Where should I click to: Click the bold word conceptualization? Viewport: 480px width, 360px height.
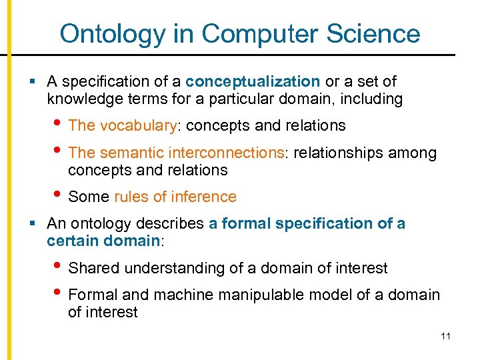[253, 81]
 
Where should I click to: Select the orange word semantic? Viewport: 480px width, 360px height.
[133, 153]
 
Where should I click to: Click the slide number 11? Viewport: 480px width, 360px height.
[445, 336]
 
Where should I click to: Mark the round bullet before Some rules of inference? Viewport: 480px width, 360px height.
[58, 196]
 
